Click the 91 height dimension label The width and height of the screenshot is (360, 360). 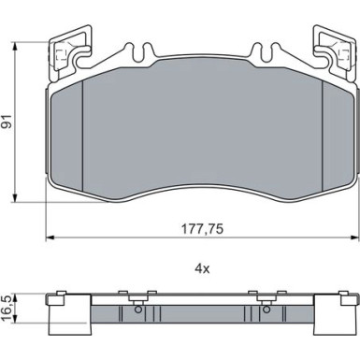click(x=7, y=122)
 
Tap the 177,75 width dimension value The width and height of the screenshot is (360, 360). click(x=202, y=229)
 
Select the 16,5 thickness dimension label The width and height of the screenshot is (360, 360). click(x=7, y=309)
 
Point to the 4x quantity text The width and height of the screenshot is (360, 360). click(x=202, y=268)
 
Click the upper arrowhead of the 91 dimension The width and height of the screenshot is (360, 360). click(x=15, y=46)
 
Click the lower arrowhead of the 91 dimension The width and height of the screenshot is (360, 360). click(x=15, y=198)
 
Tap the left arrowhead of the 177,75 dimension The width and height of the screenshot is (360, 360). click(x=50, y=238)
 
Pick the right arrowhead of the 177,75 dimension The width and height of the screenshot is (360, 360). click(x=354, y=238)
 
